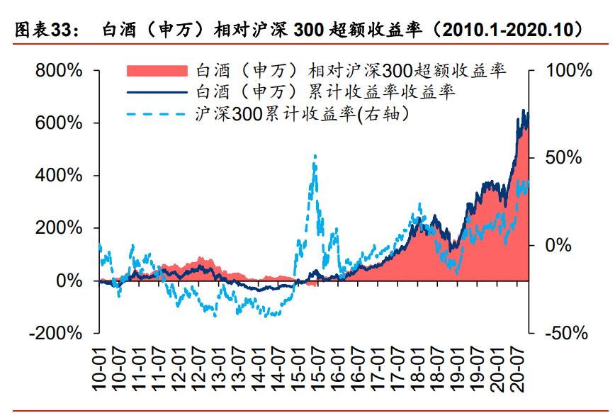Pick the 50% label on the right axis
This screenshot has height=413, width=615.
564,158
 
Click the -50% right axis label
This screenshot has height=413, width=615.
564,333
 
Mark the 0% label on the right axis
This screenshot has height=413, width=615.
559,245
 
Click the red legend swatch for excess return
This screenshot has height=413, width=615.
157,70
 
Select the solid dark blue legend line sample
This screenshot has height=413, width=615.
157,92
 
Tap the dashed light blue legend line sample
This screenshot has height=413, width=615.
157,113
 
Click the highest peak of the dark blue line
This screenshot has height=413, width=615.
524,111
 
